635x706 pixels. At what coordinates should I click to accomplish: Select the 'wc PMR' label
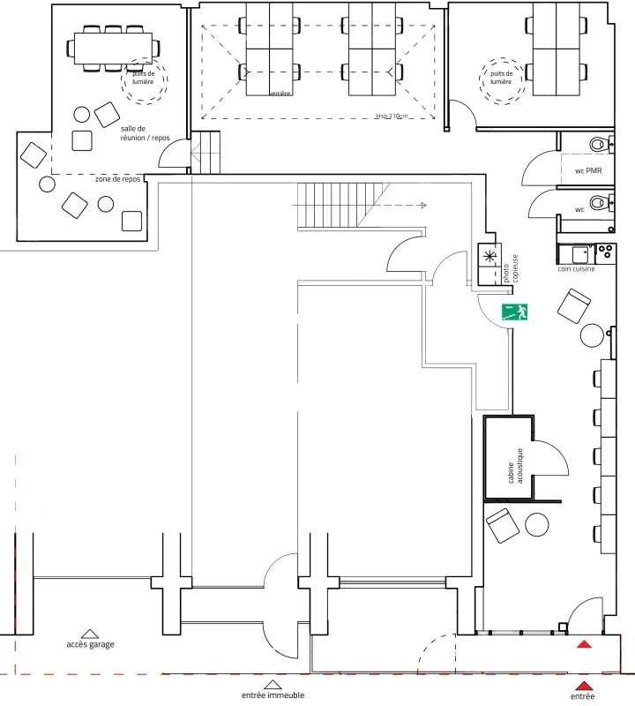588,170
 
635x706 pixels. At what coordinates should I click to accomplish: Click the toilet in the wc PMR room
601,143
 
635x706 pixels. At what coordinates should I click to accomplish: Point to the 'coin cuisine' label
575,269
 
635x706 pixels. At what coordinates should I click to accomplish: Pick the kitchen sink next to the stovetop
580,252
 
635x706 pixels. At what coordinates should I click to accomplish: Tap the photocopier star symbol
489,255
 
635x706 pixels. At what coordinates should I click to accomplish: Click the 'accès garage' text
90,644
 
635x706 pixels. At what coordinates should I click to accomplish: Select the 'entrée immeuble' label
273,695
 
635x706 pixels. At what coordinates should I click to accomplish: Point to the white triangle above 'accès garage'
89,633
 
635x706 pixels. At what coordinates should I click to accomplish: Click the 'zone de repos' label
118,178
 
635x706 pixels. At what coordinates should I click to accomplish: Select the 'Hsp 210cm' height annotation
391,116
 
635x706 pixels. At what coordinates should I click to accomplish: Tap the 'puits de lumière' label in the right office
500,78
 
